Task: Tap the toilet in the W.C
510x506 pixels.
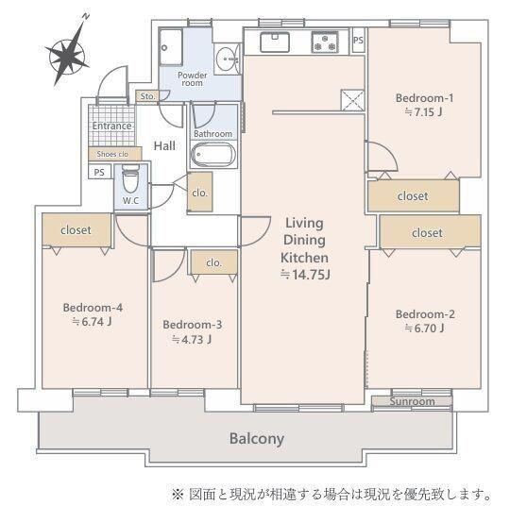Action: point(130,178)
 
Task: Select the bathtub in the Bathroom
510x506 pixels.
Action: point(213,155)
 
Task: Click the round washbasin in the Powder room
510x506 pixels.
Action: point(227,59)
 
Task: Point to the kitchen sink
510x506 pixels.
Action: point(275,42)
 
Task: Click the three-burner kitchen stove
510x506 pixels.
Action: point(325,42)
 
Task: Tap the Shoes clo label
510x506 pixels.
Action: point(112,154)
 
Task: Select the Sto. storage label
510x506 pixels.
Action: point(147,96)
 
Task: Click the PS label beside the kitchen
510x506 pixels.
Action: point(358,40)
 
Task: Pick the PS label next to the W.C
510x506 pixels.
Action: point(99,172)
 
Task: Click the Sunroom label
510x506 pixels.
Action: point(412,401)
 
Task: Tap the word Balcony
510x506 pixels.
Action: point(257,439)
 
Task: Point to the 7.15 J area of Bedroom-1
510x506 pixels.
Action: point(423,112)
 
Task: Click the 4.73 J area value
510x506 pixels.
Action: point(192,340)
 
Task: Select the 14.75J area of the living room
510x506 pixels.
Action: point(305,275)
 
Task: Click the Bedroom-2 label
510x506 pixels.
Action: point(425,314)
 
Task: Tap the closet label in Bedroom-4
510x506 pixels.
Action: point(76,230)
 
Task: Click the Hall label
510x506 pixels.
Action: point(164,145)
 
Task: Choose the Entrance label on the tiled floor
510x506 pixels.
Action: point(111,126)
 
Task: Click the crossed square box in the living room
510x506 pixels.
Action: point(352,100)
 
